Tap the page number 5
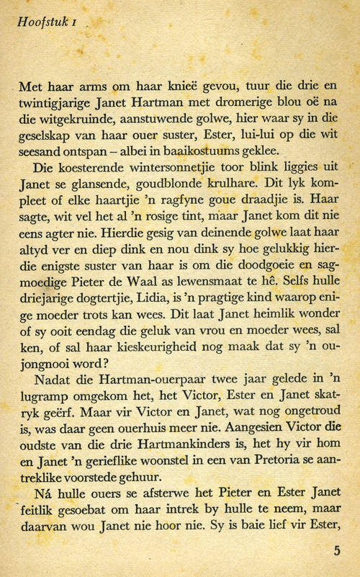(x=337, y=552)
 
